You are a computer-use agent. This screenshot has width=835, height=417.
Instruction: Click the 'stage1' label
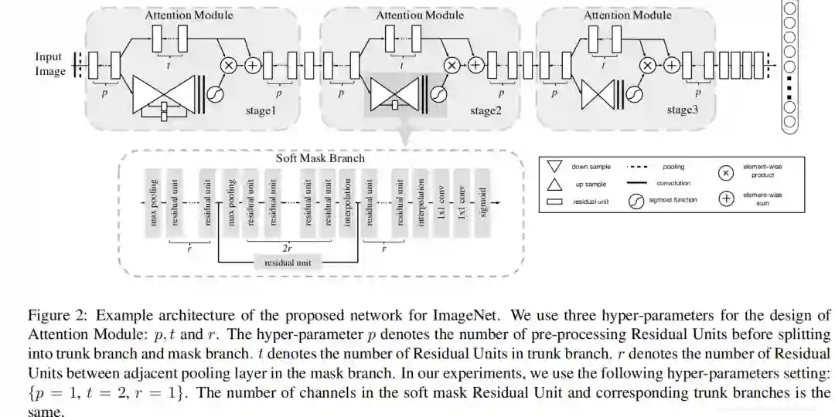[261, 111]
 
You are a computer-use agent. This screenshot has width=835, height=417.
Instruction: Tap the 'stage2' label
[486, 111]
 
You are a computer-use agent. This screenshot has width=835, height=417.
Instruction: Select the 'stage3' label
[683, 110]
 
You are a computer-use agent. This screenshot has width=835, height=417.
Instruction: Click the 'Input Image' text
[49, 64]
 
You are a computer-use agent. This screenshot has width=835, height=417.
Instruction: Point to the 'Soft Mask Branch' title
[320, 158]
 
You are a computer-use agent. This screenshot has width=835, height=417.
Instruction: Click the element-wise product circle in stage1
[229, 66]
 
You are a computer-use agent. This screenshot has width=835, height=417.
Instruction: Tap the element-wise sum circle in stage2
[476, 66]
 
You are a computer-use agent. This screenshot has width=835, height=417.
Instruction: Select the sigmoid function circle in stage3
[635, 93]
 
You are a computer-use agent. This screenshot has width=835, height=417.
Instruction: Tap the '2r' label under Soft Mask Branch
[286, 249]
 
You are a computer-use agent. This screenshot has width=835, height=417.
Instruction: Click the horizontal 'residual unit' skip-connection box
[289, 263]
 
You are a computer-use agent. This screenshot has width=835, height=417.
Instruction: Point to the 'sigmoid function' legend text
[673, 200]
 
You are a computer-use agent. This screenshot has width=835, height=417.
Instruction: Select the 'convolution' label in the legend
[673, 183]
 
